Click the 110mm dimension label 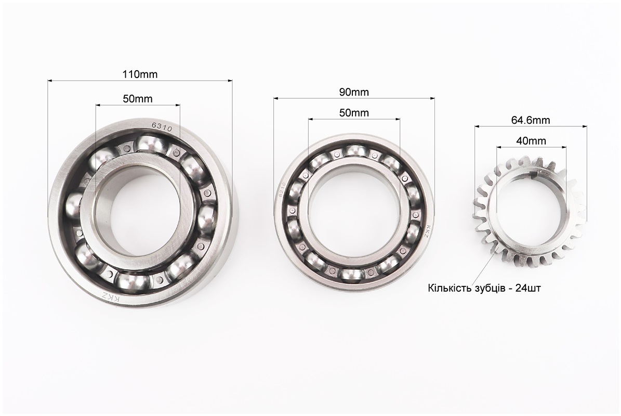click(x=139, y=74)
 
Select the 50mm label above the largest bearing click(x=138, y=99)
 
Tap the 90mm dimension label click(x=354, y=92)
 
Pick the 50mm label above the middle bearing click(x=354, y=113)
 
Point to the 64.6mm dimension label click(x=531, y=120)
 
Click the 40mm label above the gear click(x=531, y=140)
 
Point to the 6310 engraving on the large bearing click(x=162, y=127)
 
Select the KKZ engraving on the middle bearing click(x=427, y=232)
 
